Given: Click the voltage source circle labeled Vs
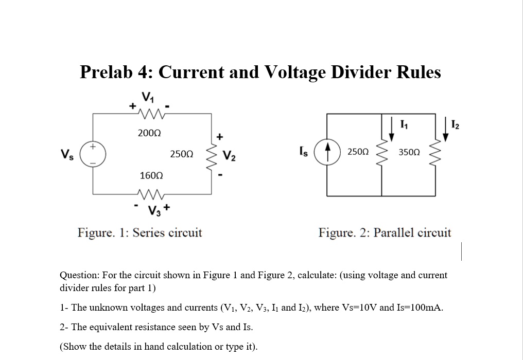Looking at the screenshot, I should (x=93, y=153).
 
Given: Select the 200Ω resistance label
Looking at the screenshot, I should (x=149, y=133).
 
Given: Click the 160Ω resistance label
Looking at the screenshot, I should (x=151, y=176).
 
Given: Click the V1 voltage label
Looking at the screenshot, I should (x=148, y=96).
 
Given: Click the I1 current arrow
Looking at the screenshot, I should (x=392, y=130).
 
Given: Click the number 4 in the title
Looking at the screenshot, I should (x=141, y=73).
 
